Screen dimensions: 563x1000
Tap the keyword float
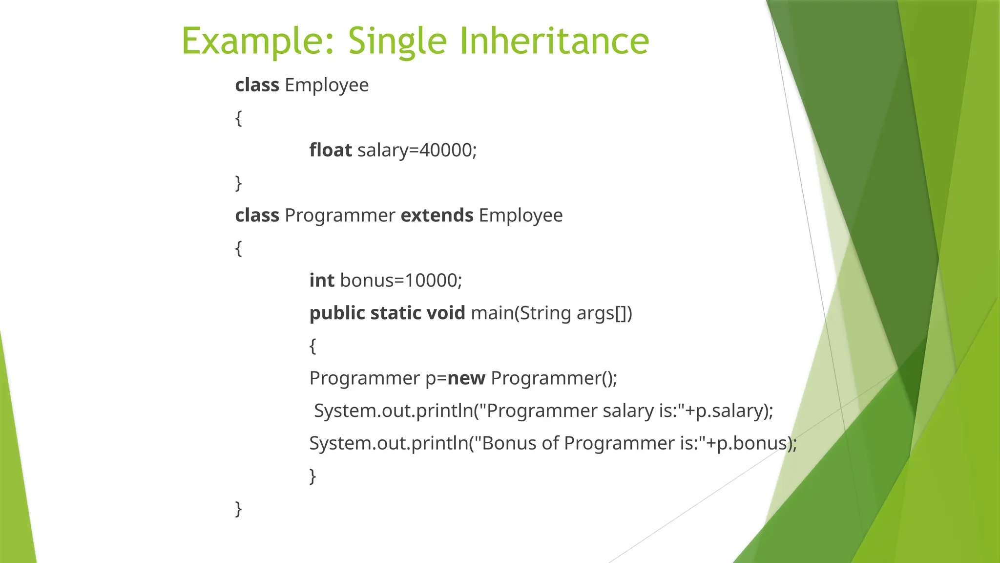(330, 150)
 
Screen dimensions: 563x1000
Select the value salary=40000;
(417, 150)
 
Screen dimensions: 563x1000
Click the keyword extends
(437, 215)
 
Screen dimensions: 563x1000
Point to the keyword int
(322, 281)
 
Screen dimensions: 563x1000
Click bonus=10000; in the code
(401, 281)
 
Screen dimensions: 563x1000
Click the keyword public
(337, 313)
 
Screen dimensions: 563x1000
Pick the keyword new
(466, 378)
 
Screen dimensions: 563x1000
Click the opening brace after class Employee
(238, 118)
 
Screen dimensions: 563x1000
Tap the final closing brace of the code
(238, 509)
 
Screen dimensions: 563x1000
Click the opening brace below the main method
(312, 346)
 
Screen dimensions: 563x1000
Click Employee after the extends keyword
(521, 215)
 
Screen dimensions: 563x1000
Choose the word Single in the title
(397, 41)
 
